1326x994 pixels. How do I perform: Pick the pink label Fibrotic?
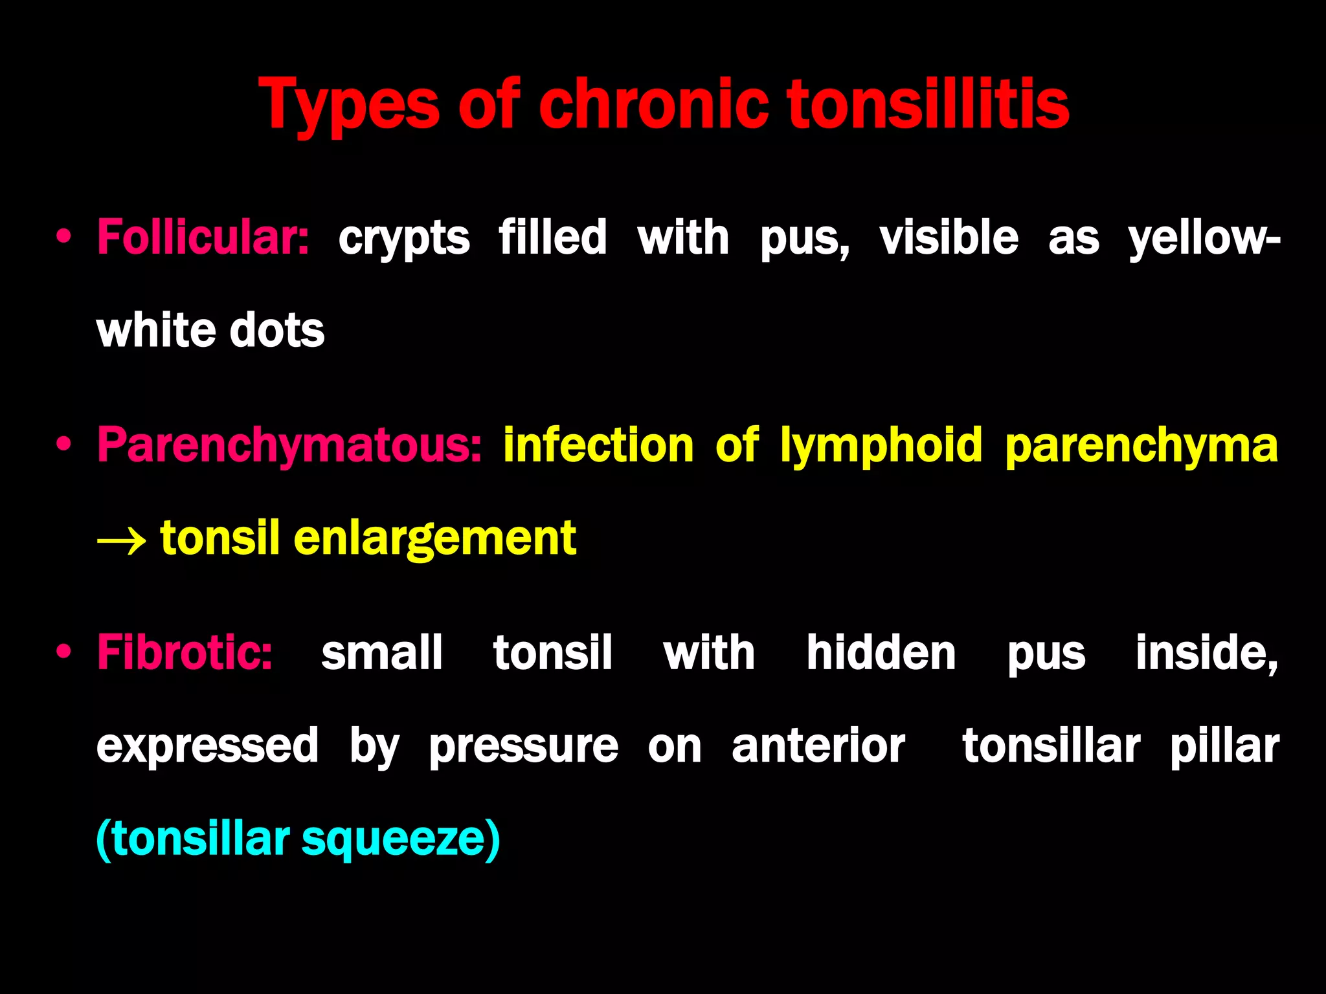point(185,652)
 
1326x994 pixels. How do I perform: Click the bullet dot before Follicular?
point(63,237)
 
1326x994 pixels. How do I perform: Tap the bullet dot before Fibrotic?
point(63,652)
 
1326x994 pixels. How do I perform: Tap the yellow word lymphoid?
point(881,446)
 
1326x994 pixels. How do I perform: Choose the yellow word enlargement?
point(434,539)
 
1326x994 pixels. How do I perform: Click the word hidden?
point(881,652)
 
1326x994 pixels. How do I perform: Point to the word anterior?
point(818,746)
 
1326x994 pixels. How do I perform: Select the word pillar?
point(1224,746)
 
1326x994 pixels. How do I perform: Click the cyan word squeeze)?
point(401,839)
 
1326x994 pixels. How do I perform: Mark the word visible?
point(949,237)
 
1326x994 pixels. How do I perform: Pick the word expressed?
point(207,746)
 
